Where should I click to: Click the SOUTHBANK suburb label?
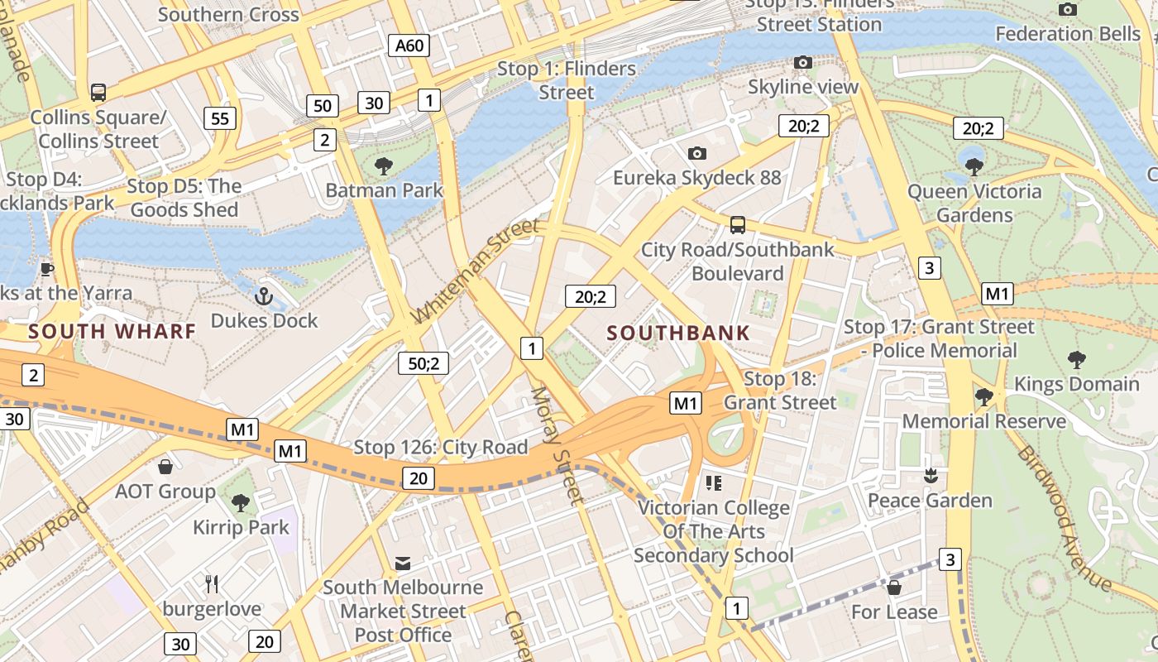678,333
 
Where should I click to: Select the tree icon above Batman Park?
384,166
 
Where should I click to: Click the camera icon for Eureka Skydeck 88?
697,153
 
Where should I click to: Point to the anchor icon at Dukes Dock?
263,295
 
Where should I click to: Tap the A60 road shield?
409,46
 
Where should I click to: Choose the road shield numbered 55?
220,118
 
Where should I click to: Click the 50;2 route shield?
423,363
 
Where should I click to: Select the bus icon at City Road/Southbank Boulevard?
738,224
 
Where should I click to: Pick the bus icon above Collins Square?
98,92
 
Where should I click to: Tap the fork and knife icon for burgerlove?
212,584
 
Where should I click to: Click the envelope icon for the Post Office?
403,564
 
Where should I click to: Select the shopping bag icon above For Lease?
894,588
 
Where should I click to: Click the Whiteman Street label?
475,271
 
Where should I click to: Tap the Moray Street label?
557,445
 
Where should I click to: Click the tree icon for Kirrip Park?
241,502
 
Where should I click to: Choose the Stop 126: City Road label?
441,448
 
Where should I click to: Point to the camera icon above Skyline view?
802,63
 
